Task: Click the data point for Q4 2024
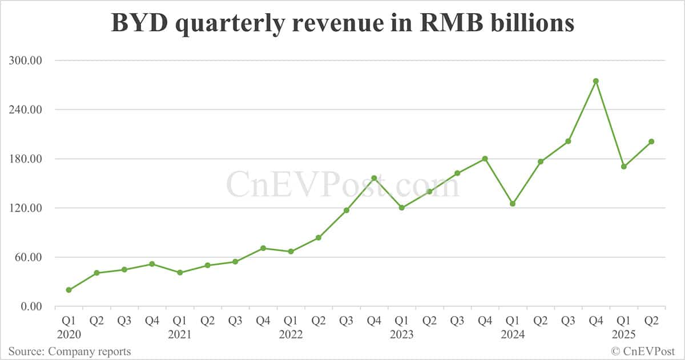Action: coord(596,81)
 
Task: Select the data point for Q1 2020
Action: coord(69,290)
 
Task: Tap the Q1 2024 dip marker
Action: coord(513,204)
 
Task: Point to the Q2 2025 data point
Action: coord(651,141)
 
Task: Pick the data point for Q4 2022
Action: coord(374,178)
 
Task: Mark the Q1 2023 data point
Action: coord(402,208)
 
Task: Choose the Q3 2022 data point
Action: coord(346,210)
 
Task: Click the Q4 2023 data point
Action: coord(485,159)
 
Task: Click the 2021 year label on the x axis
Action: coord(180,335)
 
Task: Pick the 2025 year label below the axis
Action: coord(623,335)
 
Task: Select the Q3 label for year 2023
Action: coord(457,321)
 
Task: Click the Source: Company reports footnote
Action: coord(70,351)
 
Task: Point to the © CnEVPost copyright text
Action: coord(643,351)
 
